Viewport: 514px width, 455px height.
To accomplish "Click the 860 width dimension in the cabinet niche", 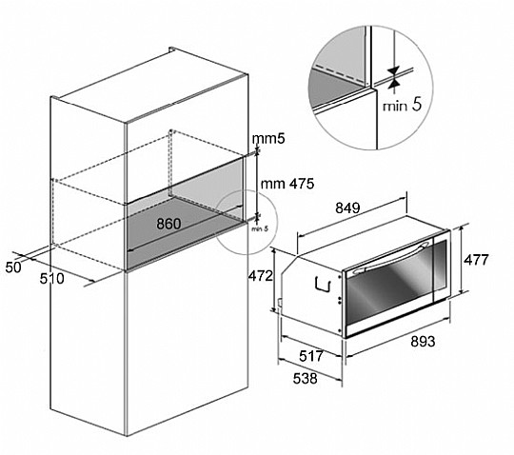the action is click(x=168, y=224).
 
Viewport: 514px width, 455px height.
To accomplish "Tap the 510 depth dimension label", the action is click(x=51, y=279).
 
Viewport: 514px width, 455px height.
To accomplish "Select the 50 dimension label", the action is click(x=13, y=267).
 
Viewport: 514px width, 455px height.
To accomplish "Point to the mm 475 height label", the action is click(x=287, y=184).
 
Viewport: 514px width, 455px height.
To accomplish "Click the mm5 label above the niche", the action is click(x=268, y=139).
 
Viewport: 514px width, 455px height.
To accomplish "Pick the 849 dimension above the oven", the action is click(x=347, y=208).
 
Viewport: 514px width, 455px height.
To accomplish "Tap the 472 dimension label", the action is click(x=260, y=276).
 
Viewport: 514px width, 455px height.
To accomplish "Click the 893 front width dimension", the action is click(x=423, y=341).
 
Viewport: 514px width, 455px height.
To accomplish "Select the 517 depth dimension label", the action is click(x=311, y=356).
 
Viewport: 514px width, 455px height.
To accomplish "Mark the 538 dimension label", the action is click(x=306, y=378).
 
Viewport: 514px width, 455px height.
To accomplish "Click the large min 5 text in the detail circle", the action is click(x=403, y=106).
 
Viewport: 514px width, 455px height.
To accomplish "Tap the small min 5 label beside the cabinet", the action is click(x=260, y=228).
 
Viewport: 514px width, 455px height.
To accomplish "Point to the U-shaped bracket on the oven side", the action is click(x=323, y=284).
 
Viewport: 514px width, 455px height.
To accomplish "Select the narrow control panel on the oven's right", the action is click(x=440, y=266).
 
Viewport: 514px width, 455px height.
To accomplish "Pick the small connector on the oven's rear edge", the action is click(x=280, y=303).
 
